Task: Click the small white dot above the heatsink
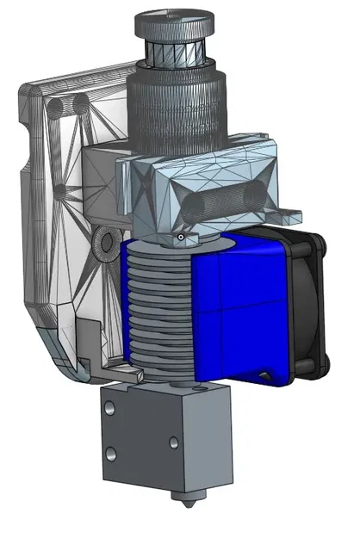click(x=181, y=238)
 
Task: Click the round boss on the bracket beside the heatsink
click(x=106, y=244)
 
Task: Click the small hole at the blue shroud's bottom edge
click(x=261, y=374)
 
